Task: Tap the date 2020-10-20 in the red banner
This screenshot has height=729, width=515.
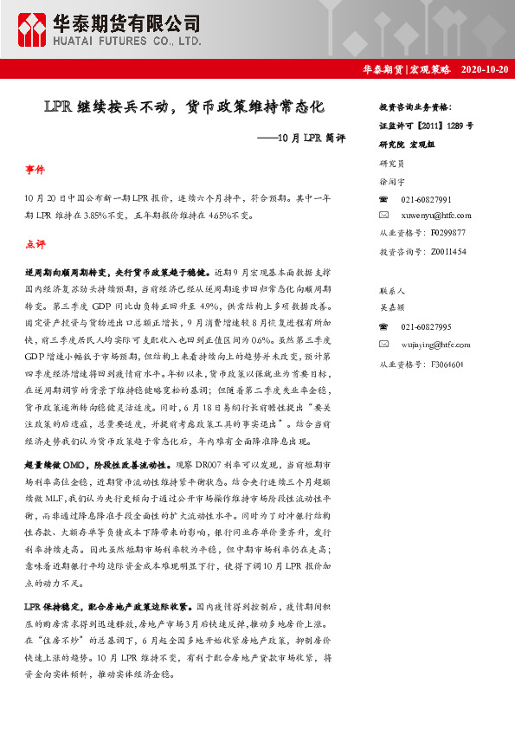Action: pos(484,69)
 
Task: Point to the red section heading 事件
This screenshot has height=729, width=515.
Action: pos(35,171)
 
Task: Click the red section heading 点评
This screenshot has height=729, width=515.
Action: pos(35,243)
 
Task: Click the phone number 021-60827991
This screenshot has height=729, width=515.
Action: pos(426,199)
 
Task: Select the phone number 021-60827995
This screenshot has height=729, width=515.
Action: pos(426,327)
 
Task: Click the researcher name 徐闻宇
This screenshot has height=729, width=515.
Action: pos(392,182)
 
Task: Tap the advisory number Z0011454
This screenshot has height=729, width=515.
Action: pos(447,251)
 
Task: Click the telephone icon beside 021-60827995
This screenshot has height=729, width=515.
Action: pos(384,327)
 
